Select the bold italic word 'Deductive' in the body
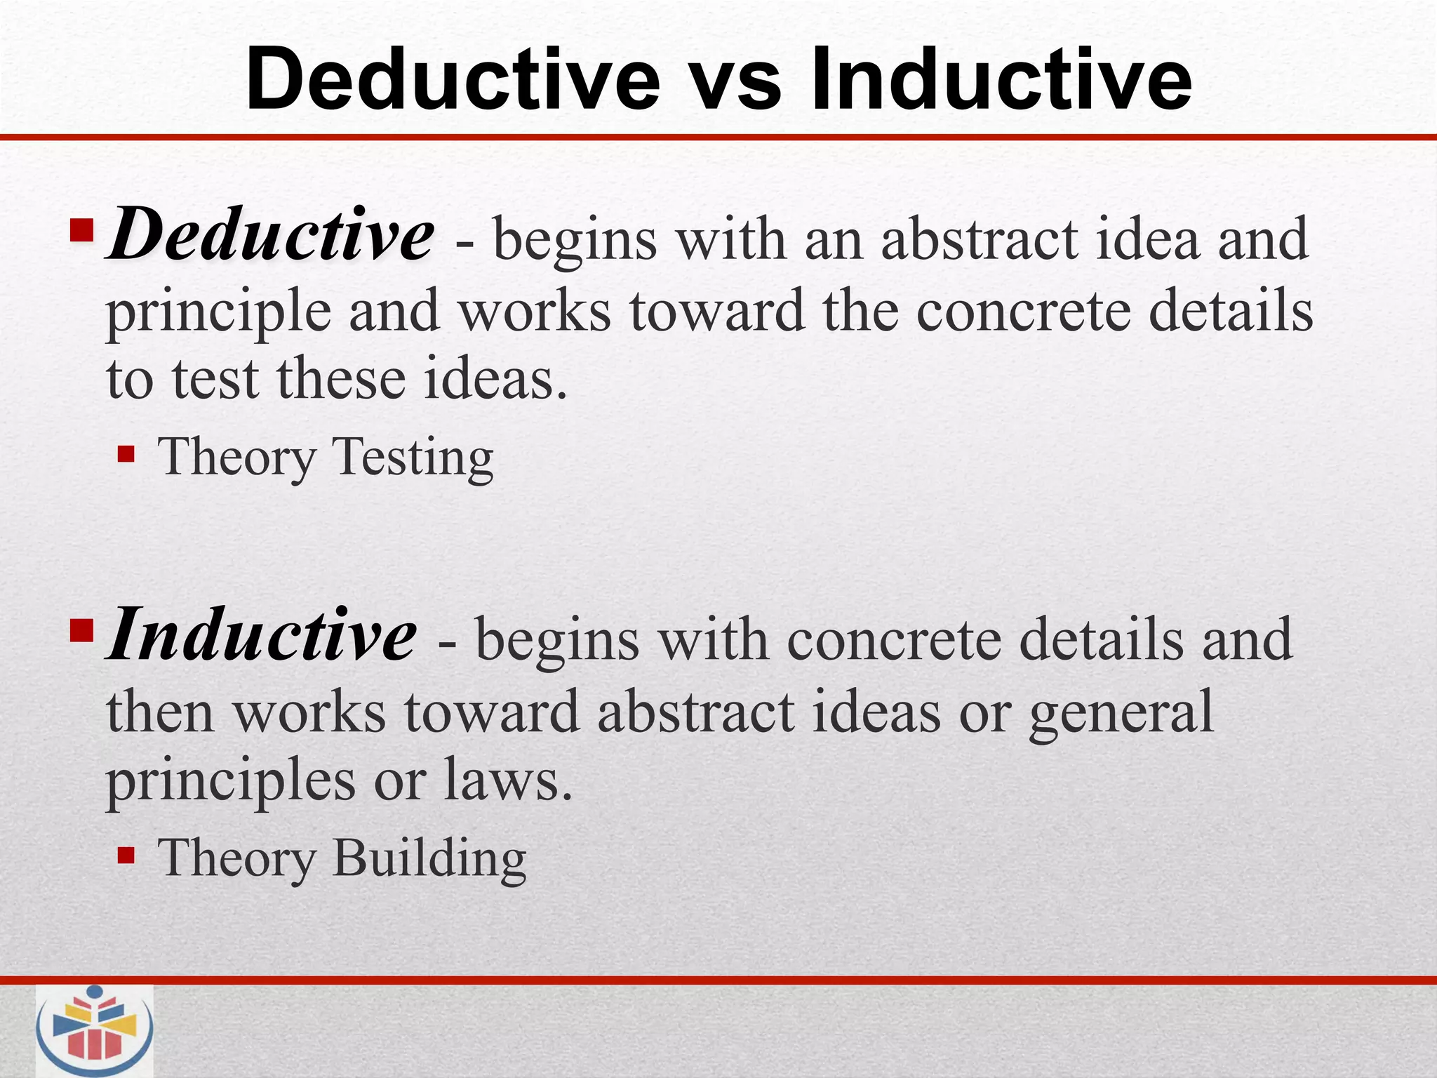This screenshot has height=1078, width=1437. pyautogui.click(x=270, y=234)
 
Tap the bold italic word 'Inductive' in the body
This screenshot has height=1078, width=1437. pyautogui.click(x=262, y=636)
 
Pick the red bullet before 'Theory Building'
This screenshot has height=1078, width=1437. pyautogui.click(x=126, y=856)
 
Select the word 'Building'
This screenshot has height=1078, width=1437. pyautogui.click(x=429, y=858)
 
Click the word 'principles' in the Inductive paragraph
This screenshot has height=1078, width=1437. pyautogui.click(x=231, y=781)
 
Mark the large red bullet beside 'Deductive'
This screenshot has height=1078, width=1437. pyautogui.click(x=81, y=230)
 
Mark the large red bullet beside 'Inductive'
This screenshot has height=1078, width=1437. pyautogui.click(x=81, y=632)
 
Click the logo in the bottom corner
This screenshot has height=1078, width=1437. pyautogui.click(x=94, y=1031)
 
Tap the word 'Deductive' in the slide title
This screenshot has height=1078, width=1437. pyautogui.click(x=453, y=79)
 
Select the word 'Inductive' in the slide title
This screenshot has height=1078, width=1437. pyautogui.click(x=1001, y=79)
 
